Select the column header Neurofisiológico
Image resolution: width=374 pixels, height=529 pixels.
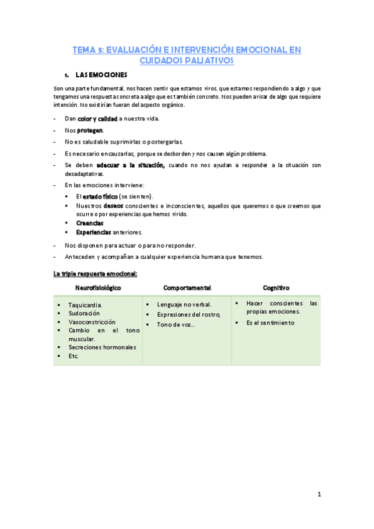tap(98, 288)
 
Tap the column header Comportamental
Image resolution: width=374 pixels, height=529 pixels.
tap(187, 288)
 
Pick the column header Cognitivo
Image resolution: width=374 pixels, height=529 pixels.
tap(276, 288)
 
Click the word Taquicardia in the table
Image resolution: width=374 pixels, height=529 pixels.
tap(86, 305)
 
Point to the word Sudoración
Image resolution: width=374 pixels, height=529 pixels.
tap(84, 313)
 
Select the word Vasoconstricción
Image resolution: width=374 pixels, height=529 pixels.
tap(92, 322)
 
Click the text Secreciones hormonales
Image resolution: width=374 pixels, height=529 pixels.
tap(102, 347)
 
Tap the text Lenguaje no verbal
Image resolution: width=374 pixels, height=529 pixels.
tap(184, 304)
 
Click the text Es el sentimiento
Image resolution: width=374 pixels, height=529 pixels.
tap(270, 323)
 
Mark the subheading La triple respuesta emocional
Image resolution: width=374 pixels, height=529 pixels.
tap(96, 273)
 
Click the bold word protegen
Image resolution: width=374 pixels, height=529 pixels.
tap(91, 130)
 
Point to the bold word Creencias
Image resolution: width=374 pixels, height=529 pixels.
tap(89, 223)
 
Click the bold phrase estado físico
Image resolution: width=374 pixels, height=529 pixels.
tap(100, 196)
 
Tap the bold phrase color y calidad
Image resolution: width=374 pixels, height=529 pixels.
tap(97, 119)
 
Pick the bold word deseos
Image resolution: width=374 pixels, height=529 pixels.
tap(114, 205)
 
